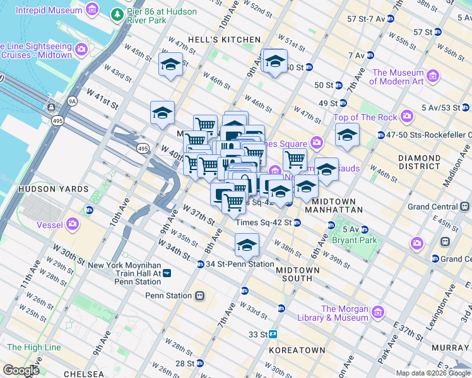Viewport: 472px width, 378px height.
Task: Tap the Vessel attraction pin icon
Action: [74, 223]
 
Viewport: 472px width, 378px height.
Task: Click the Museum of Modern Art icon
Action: [433, 76]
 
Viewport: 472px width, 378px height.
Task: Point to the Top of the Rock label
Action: [365, 117]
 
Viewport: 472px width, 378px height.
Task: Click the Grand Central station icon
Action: [464, 206]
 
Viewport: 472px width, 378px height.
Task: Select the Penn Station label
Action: [168, 295]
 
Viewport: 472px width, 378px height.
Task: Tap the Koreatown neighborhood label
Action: [297, 350]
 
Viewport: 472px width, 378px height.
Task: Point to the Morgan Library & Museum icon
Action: [378, 312]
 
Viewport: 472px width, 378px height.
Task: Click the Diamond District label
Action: [420, 162]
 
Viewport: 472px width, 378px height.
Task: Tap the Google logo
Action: [20, 371]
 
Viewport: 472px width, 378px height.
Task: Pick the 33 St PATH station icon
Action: [273, 335]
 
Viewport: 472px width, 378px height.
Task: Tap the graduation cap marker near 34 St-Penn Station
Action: [247, 244]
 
